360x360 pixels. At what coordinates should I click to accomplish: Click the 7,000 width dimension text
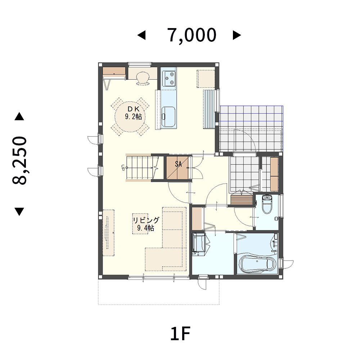tap(192, 35)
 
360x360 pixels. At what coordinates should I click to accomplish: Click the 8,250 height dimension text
tap(19, 161)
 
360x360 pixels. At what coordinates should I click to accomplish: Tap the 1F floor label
tap(180, 334)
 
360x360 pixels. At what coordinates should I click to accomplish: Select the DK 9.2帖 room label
tap(134, 113)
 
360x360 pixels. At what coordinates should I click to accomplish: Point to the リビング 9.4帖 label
tap(146, 224)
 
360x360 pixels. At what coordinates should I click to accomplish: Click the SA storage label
tap(179, 164)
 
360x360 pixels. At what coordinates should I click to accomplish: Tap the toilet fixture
tap(267, 204)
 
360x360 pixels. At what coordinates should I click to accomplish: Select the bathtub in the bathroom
tap(257, 264)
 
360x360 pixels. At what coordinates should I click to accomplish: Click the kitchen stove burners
tap(169, 78)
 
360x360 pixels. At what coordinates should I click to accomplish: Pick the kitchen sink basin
tap(168, 117)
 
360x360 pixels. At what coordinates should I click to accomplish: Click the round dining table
tap(130, 117)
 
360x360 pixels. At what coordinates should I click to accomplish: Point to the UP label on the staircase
tap(123, 168)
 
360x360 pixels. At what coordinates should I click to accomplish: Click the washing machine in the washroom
tap(198, 244)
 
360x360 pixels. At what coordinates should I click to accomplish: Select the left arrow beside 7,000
tap(141, 35)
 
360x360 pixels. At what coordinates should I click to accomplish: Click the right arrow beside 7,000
tap(237, 35)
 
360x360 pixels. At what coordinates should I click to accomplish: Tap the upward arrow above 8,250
tap(19, 116)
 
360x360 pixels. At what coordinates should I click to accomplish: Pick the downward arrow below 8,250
tap(19, 212)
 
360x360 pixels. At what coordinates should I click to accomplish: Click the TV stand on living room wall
tap(108, 233)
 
